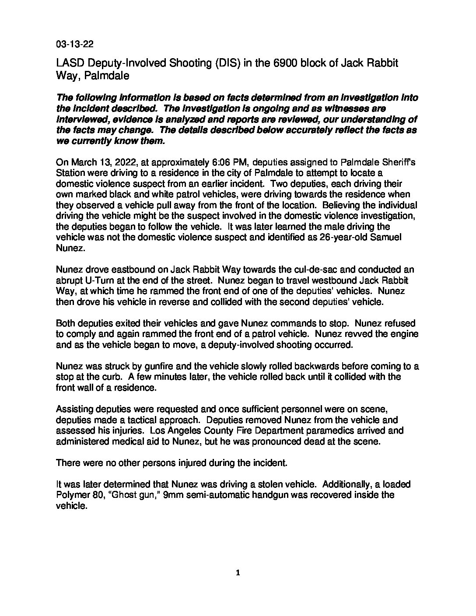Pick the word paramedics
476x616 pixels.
[x=307, y=430]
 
